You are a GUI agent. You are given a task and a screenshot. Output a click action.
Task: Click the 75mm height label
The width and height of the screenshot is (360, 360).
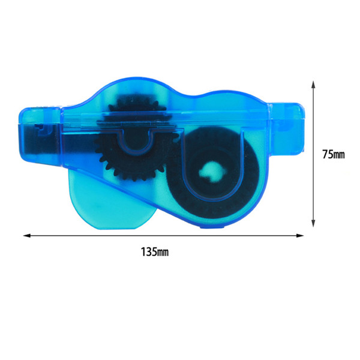click(x=334, y=154)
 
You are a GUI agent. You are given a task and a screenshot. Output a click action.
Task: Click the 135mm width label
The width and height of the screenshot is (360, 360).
click(x=155, y=252)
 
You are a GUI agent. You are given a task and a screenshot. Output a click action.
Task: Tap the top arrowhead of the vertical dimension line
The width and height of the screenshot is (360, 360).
click(x=313, y=85)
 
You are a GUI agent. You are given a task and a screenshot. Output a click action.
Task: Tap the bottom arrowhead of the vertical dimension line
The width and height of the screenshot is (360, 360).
click(x=313, y=223)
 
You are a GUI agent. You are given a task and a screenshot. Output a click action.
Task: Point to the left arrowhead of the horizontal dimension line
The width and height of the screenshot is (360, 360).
click(x=27, y=236)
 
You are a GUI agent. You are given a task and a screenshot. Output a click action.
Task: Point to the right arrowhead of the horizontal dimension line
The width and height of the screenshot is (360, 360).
click(x=300, y=236)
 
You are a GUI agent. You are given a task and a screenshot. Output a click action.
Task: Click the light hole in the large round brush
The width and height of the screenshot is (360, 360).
click(x=211, y=172)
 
